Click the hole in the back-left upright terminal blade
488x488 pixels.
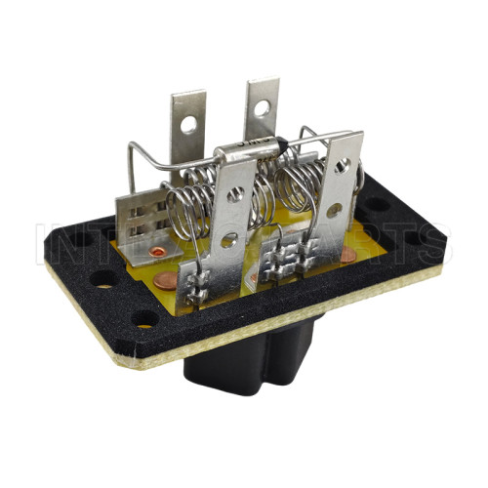[x=187, y=125]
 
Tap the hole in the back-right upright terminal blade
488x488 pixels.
[x=261, y=106]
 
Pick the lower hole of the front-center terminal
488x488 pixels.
[x=228, y=239]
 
